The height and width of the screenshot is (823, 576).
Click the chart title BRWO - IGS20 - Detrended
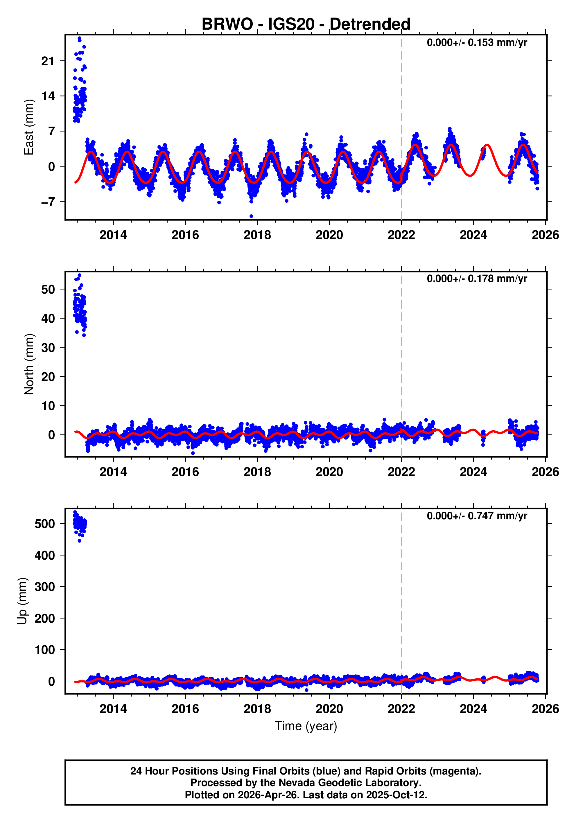coord(306,24)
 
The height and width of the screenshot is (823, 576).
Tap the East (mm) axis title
coord(29,127)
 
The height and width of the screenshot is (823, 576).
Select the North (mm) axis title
coord(29,364)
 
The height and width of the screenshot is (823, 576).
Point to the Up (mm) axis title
coord(22,601)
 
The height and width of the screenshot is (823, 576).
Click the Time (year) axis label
coord(306,726)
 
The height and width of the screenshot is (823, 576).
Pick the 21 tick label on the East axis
coord(48,61)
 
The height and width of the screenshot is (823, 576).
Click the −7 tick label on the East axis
coord(48,202)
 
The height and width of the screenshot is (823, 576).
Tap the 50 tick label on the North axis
coord(48,289)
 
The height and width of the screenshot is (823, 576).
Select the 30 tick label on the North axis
coord(48,348)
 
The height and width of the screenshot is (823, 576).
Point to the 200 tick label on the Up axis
coord(44,618)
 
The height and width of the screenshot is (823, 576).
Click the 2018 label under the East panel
coord(257,235)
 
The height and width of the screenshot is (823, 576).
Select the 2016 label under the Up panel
coord(185,709)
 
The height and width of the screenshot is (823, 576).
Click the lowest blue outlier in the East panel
coord(251,216)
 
